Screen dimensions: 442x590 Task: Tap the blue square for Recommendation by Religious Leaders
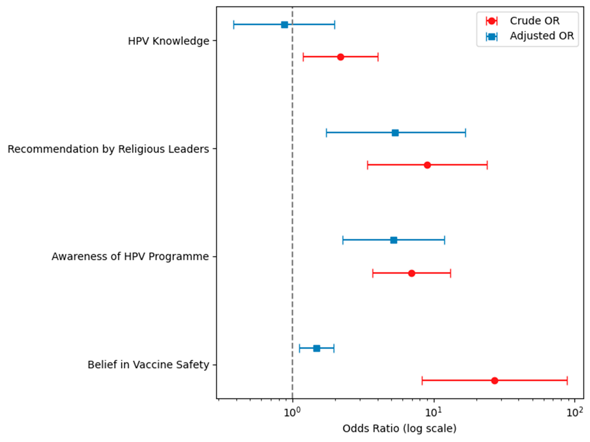coord(395,133)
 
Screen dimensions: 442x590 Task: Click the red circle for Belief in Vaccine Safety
coord(495,381)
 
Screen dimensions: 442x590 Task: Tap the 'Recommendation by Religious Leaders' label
coord(108,149)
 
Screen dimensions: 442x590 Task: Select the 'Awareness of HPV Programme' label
coord(130,257)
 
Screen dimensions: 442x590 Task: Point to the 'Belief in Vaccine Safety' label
coord(148,365)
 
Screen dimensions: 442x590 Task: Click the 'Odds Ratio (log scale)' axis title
coord(399,429)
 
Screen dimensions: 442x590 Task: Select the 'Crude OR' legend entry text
coord(534,21)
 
